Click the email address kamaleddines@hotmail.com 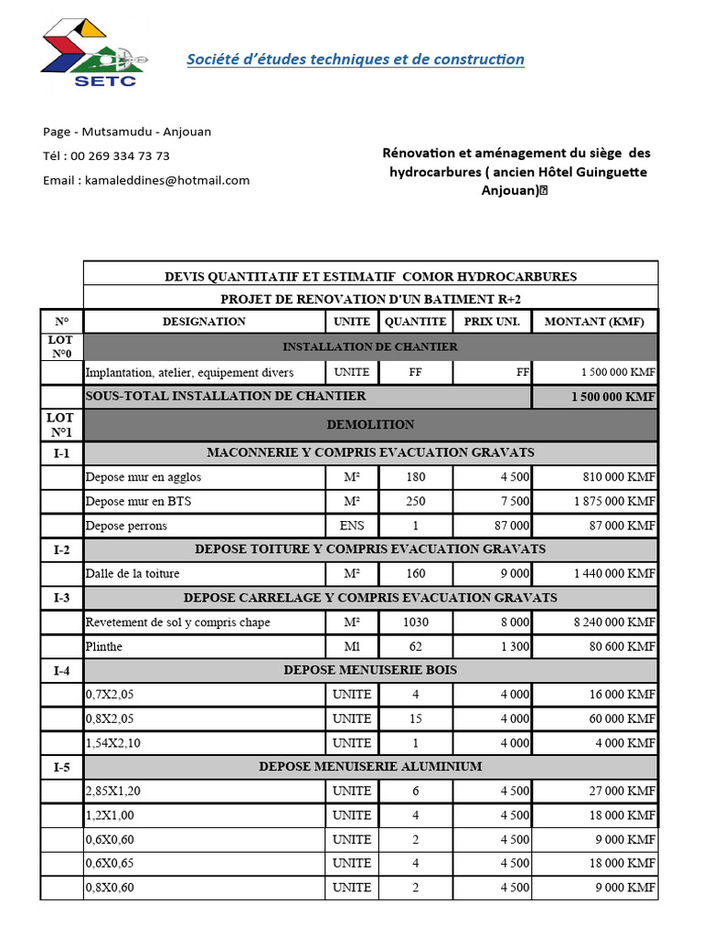click(x=146, y=180)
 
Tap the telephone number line click(x=106, y=156)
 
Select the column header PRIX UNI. click(x=492, y=322)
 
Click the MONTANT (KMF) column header click(x=594, y=322)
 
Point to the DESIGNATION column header click(x=204, y=322)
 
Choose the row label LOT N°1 click(x=61, y=424)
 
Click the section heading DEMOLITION click(x=370, y=424)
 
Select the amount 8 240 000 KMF click(x=614, y=622)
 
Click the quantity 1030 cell click(x=415, y=622)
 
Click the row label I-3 click(x=61, y=598)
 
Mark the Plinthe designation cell click(x=103, y=646)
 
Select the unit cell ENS click(x=352, y=526)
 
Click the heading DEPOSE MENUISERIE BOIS click(x=370, y=670)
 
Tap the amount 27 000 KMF click(x=621, y=791)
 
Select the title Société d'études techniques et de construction click(x=356, y=59)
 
